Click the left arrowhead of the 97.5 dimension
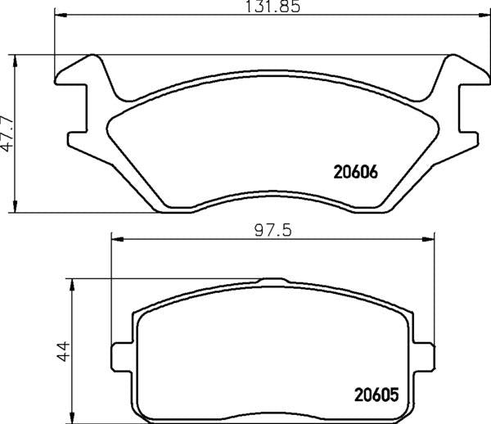click(115, 240)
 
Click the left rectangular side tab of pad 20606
click(78, 135)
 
